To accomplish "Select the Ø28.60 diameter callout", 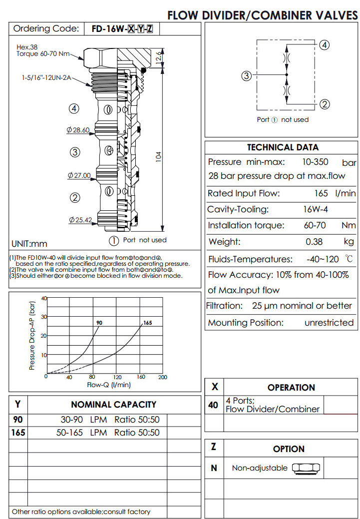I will [x=78, y=130].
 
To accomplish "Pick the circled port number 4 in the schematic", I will [x=324, y=45].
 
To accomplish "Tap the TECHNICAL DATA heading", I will [x=283, y=147].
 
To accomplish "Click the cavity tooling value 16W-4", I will [x=315, y=209].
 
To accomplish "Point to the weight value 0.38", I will [x=316, y=242].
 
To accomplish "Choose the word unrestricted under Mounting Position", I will [x=329, y=323].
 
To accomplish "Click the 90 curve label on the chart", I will [x=99, y=323].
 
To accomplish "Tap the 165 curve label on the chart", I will [x=147, y=323].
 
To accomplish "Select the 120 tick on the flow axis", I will [x=117, y=377].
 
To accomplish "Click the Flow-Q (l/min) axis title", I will [x=108, y=385].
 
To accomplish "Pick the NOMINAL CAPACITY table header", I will [x=113, y=405].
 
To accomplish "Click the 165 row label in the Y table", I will [x=18, y=433].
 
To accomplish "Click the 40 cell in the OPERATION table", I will [x=213, y=405].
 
